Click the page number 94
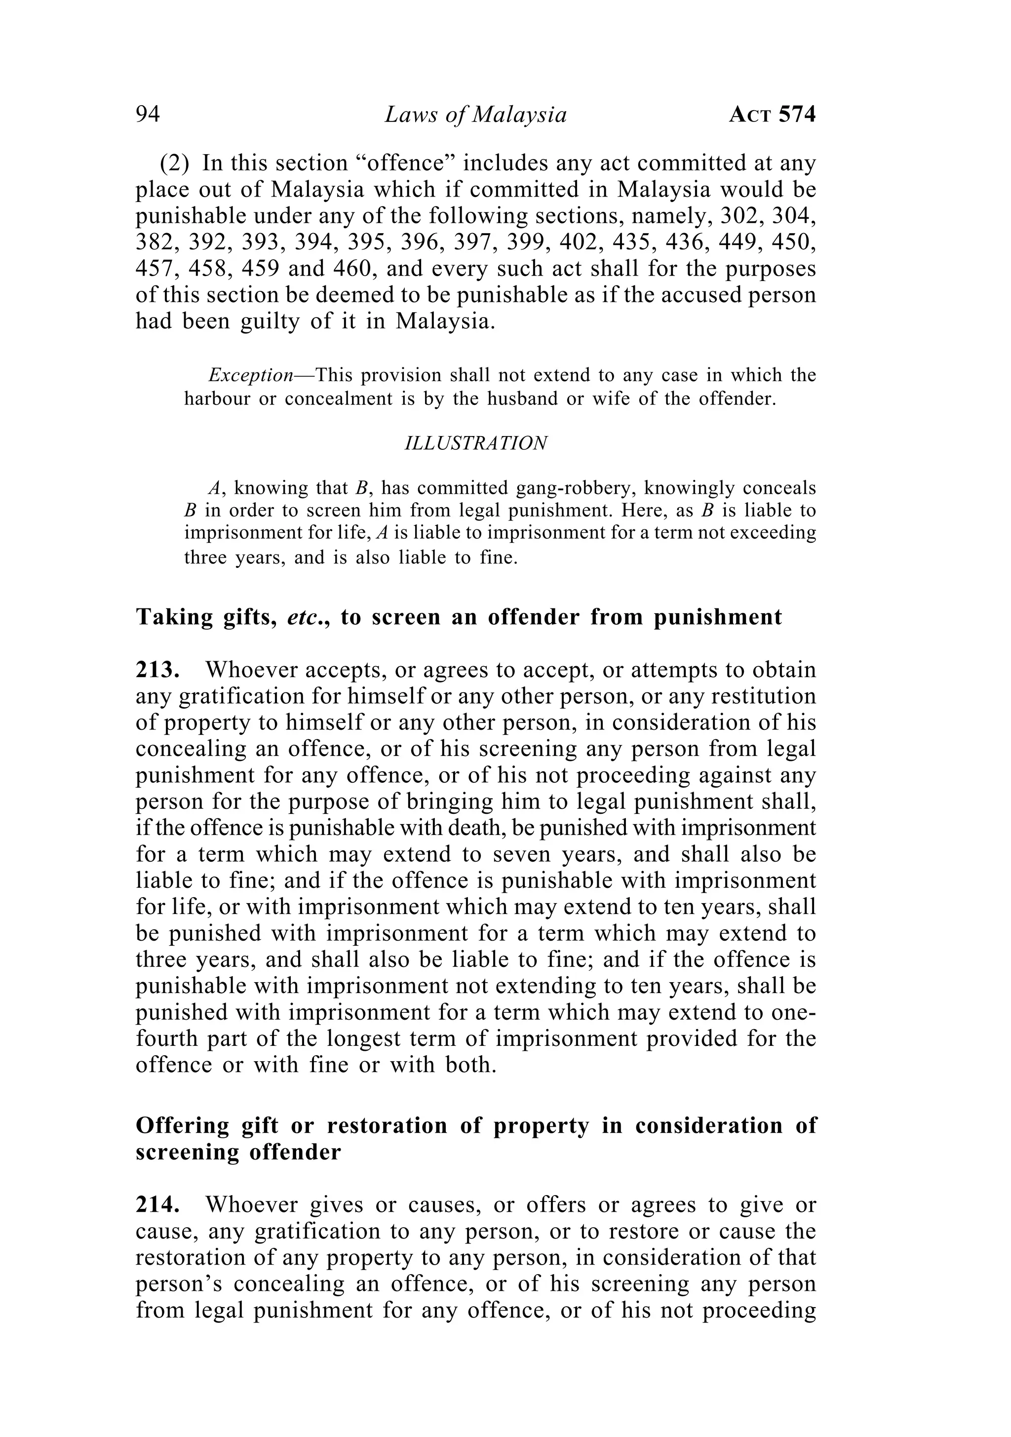tap(148, 115)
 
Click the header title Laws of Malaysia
tap(475, 115)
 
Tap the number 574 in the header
tap(797, 115)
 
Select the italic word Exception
tap(251, 375)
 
